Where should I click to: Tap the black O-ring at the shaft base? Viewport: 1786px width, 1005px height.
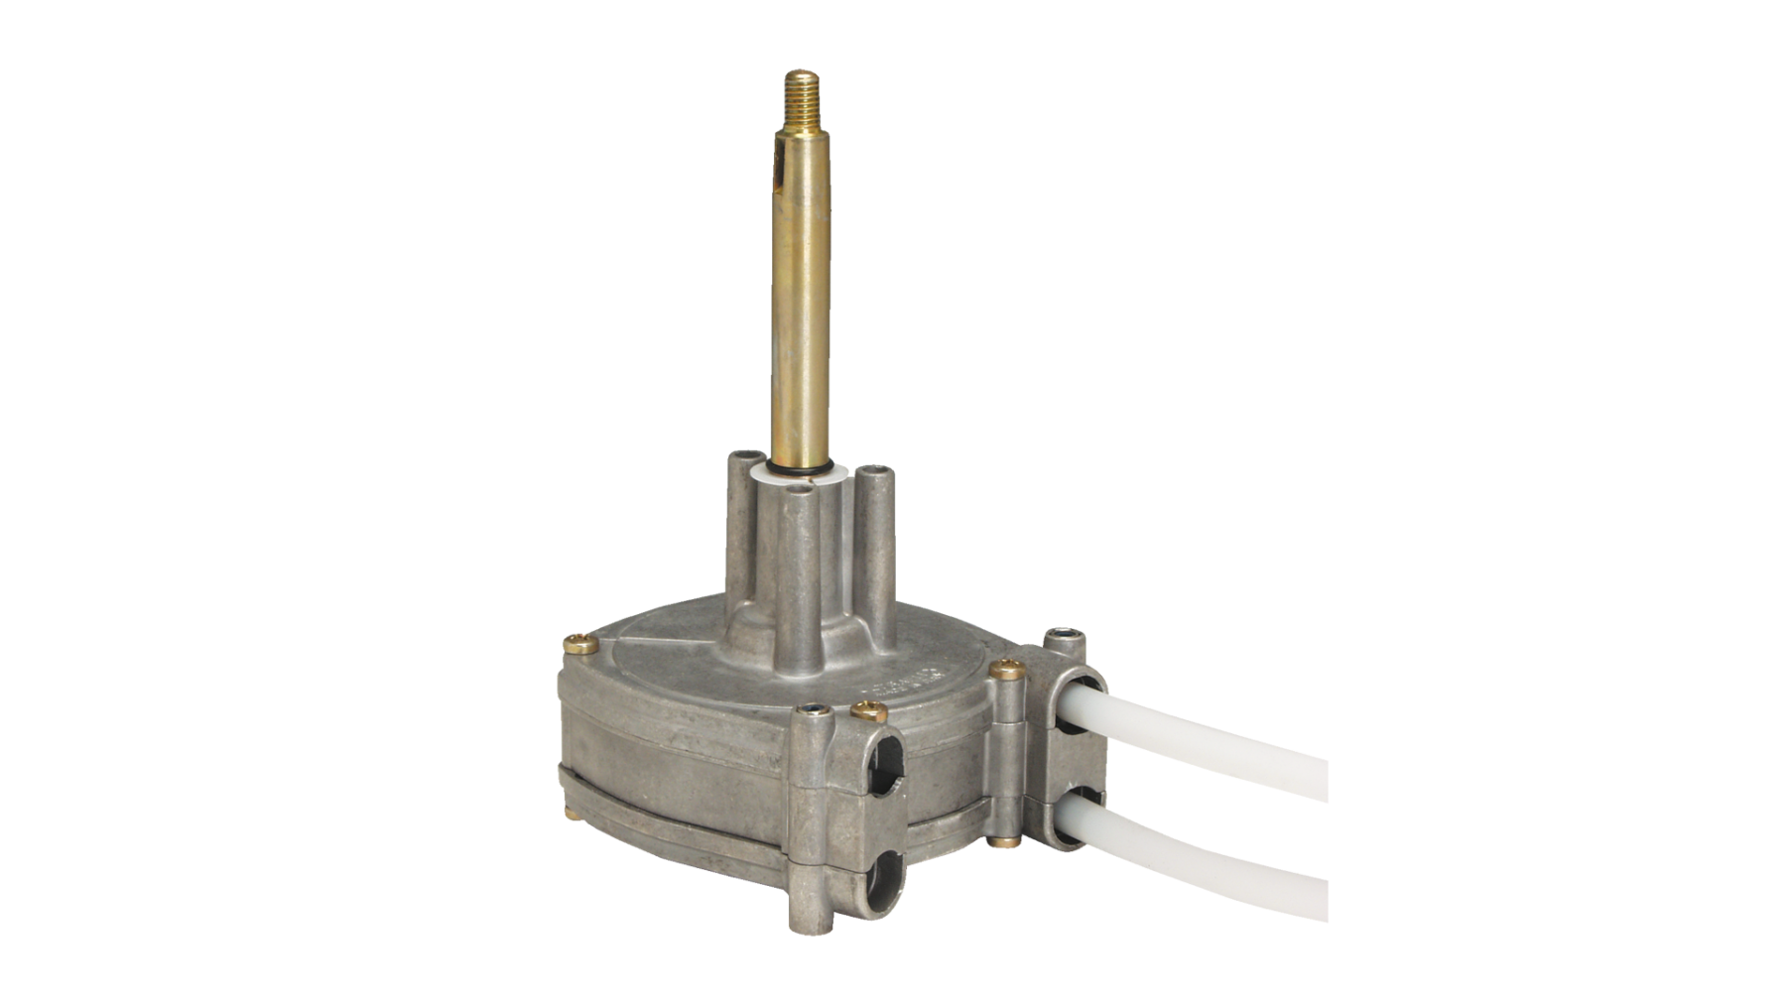click(799, 464)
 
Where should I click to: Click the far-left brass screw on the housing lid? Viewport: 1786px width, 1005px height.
click(578, 645)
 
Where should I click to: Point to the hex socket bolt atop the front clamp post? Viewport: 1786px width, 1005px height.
click(813, 710)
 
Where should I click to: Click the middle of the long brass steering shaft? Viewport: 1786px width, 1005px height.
click(800, 298)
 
